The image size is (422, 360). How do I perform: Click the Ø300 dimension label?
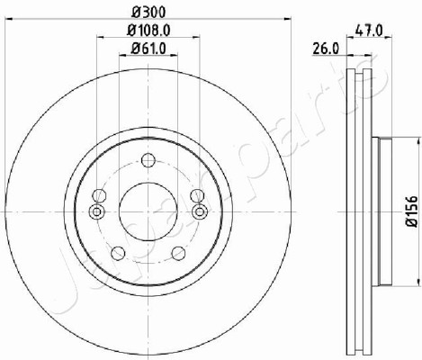148,13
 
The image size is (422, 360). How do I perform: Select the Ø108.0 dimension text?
148,31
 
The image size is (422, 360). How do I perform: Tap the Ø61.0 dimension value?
148,49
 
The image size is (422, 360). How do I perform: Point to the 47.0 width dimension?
369,31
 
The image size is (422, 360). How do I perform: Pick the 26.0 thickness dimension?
326,49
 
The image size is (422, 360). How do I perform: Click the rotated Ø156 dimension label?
411,211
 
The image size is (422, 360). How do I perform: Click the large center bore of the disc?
148,211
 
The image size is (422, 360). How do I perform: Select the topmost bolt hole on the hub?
148,160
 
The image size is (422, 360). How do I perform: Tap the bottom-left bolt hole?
118,254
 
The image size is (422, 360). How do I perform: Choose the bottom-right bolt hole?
178,254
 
